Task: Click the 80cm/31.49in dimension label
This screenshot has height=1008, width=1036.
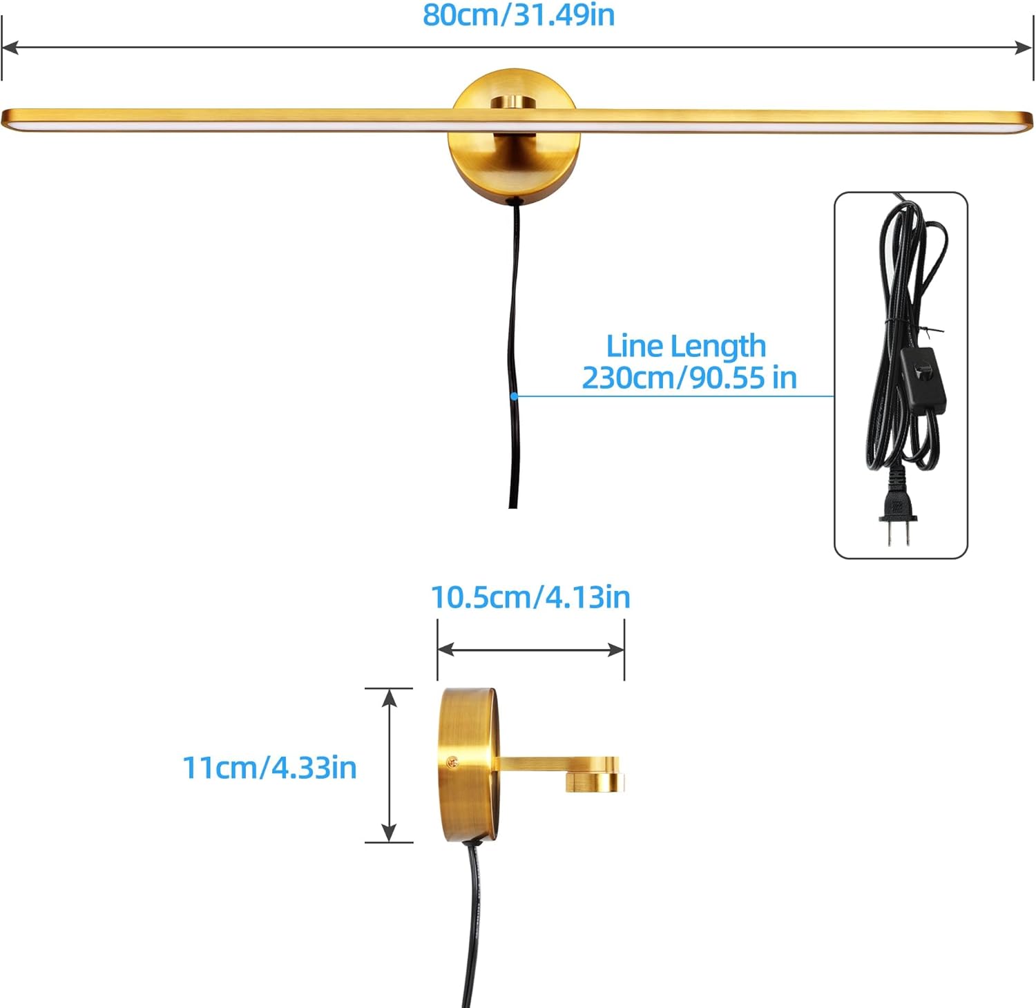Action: pos(518,15)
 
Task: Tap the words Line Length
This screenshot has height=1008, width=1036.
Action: pos(686,347)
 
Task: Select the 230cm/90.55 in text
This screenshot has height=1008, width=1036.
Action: pos(689,378)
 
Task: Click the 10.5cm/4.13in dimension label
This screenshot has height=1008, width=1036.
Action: pos(530,597)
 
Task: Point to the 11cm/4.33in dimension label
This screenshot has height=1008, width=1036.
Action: pos(269,768)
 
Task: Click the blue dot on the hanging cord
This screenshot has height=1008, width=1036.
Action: pos(514,396)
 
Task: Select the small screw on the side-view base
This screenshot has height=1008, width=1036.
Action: pos(453,762)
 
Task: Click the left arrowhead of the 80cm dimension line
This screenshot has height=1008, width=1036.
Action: pos(10,48)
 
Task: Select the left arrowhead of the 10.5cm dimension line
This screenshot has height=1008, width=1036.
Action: pos(446,649)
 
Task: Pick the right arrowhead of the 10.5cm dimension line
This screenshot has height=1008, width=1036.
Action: pos(616,649)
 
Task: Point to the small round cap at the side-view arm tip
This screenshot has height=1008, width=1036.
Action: pos(594,782)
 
